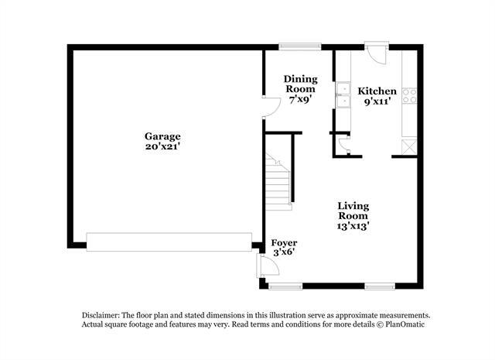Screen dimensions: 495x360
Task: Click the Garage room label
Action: (162, 136)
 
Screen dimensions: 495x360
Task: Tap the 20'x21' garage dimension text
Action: (162, 146)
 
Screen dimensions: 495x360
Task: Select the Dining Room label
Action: (301, 84)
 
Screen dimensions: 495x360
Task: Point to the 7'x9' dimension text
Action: (301, 100)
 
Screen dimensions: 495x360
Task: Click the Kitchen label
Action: (377, 91)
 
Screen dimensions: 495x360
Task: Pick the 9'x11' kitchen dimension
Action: (377, 101)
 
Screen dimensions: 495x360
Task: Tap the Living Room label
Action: (353, 211)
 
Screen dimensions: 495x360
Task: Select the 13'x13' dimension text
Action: (353, 226)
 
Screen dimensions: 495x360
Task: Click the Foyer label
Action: (284, 243)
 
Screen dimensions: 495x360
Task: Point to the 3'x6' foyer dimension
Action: (284, 252)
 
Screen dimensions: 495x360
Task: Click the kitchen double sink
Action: (343, 94)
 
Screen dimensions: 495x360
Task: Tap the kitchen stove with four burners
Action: (409, 96)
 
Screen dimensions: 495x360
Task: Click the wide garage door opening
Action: (169, 242)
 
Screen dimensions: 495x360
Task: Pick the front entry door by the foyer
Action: (268, 266)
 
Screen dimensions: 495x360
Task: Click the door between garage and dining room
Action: (271, 107)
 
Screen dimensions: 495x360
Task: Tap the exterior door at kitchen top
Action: (377, 53)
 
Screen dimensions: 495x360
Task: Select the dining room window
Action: (300, 46)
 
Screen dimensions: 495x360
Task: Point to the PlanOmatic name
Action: (405, 324)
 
